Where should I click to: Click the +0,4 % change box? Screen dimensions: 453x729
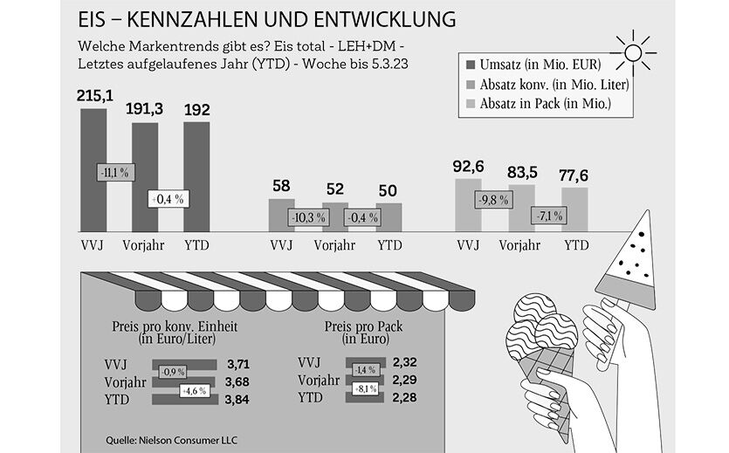[168, 199]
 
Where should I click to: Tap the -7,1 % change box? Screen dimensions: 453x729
[547, 216]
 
